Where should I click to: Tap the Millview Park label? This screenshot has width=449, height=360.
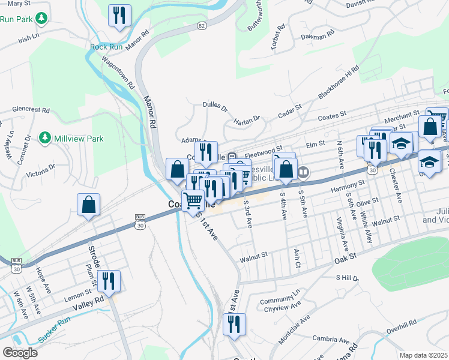point(78,139)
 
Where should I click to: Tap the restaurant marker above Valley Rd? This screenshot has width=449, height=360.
point(109,280)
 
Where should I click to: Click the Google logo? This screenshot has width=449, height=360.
point(19,353)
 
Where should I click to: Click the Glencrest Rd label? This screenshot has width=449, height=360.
point(30,110)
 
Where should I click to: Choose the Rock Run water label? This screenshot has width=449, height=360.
point(106,47)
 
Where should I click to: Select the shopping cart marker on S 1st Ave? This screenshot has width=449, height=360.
point(193,200)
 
